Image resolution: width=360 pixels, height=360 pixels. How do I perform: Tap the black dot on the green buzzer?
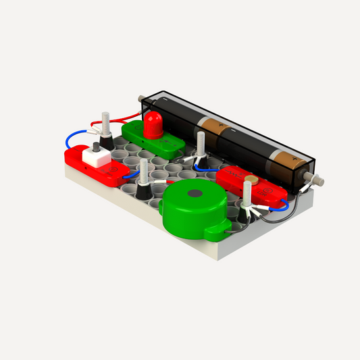click(194, 194)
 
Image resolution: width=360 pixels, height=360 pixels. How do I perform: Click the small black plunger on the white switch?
click(96, 147)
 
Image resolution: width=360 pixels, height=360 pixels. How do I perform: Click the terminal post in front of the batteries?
click(201, 149)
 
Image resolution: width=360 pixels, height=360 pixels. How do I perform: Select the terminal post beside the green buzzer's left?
click(143, 179)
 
